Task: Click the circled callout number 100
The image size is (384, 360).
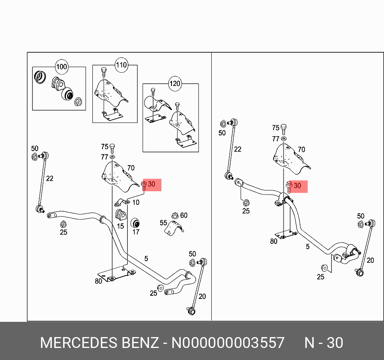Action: [61, 67]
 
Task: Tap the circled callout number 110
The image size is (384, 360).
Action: [121, 65]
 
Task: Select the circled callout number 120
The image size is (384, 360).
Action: [175, 84]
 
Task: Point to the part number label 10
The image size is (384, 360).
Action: [136, 202]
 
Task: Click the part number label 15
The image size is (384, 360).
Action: [120, 226]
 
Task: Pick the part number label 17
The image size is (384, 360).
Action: [136, 232]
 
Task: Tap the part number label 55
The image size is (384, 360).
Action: [163, 223]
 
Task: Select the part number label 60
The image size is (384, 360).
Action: [184, 215]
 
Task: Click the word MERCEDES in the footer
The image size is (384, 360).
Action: [78, 343]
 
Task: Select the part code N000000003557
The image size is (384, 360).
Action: [228, 343]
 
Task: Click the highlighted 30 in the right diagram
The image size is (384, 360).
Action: [297, 186]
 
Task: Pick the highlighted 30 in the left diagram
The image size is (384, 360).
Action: [151, 184]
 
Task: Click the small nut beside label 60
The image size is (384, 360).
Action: [175, 216]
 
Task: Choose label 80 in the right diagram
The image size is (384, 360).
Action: [274, 241]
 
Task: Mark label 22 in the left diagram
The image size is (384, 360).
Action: [49, 178]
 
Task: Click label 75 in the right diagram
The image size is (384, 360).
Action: [275, 128]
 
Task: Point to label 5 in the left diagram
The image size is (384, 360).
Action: [146, 258]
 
